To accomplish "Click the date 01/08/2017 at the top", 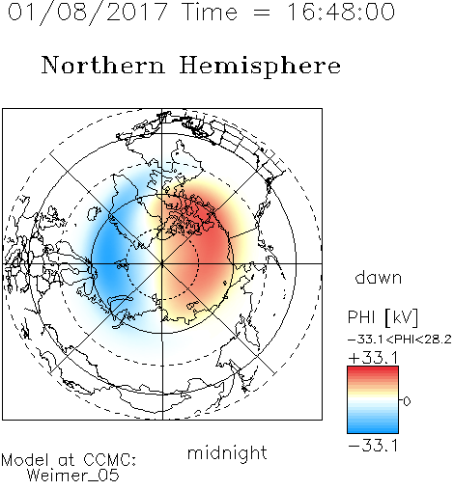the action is (x=87, y=13).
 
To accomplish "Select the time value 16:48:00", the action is (x=340, y=12).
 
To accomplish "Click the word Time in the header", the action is (x=210, y=12).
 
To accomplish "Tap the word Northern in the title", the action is (x=103, y=66).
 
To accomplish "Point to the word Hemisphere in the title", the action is (x=260, y=67).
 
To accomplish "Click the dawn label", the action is (x=379, y=278).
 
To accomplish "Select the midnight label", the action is (x=227, y=452).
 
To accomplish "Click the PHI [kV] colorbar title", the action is (x=383, y=317).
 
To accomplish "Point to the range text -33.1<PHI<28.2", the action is (x=400, y=340).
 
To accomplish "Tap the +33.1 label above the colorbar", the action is (x=374, y=358).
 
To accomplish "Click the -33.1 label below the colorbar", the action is (x=373, y=446).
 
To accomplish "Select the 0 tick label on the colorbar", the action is (x=407, y=401).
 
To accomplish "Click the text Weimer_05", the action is (x=73, y=476).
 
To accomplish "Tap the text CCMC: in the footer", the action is (x=109, y=460).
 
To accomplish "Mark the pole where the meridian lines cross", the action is (x=162, y=264).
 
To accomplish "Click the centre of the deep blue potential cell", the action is (x=108, y=258).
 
